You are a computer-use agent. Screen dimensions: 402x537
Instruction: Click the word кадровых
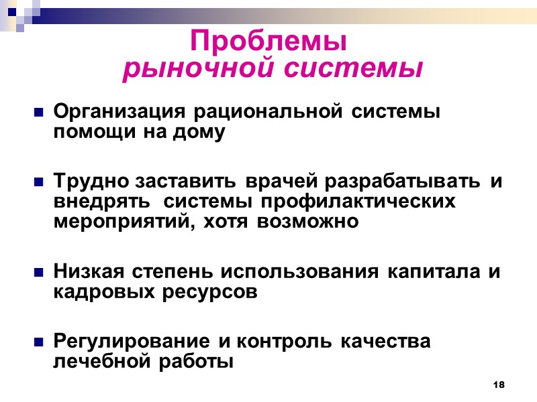(x=100, y=292)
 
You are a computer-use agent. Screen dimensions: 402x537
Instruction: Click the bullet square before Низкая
(x=39, y=273)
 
